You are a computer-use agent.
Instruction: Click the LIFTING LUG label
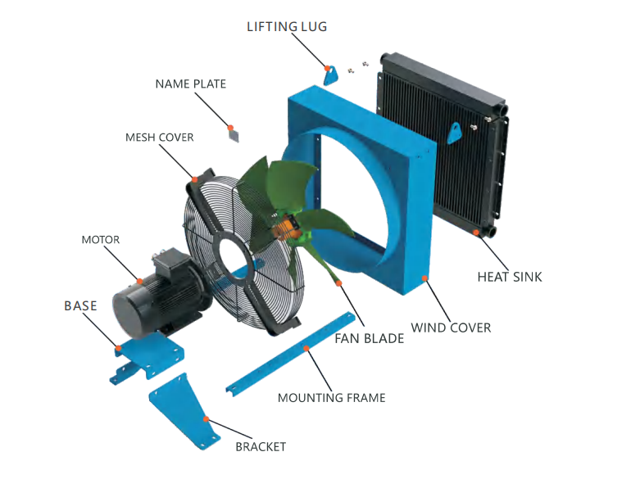(287, 26)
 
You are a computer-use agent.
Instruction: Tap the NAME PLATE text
(191, 84)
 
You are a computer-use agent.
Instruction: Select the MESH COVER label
(159, 137)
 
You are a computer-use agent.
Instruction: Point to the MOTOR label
(101, 240)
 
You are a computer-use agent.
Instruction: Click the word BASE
(80, 305)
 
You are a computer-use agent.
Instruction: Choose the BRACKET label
(261, 447)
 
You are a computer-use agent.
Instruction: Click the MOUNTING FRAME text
(332, 398)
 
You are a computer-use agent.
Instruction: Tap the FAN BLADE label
(369, 339)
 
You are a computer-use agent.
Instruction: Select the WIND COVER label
(451, 328)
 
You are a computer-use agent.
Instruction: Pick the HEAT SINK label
(510, 277)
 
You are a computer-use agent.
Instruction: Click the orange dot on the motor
(139, 281)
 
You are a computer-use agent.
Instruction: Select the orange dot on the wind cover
(424, 278)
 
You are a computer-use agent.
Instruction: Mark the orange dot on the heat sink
(475, 232)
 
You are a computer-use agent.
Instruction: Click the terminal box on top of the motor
(167, 261)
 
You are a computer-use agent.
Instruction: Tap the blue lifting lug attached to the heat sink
(454, 133)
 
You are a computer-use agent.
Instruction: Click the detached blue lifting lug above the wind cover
(331, 75)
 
